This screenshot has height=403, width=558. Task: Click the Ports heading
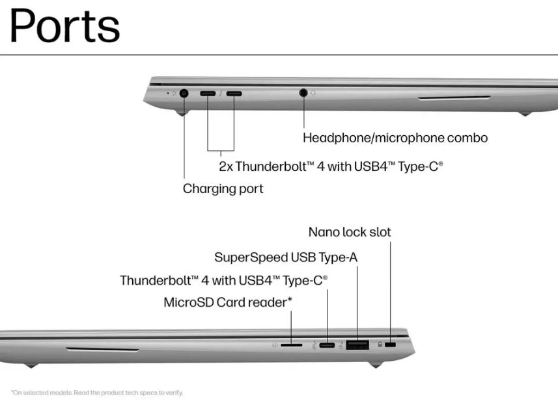64,25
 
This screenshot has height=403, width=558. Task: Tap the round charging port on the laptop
184,94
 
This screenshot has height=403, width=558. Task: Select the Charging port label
223,188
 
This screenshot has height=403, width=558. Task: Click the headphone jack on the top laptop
303,93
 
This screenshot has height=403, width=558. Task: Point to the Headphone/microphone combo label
395,138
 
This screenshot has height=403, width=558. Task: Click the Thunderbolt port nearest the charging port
208,94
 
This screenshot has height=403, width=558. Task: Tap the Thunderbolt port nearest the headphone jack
234,94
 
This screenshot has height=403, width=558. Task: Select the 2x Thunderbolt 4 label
331,166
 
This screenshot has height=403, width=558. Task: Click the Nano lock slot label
350,232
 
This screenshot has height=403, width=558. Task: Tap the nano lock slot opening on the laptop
391,344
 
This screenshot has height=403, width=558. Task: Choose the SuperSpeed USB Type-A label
286,257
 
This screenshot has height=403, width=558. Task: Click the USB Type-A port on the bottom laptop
357,344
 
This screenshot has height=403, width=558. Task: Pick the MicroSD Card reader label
228,302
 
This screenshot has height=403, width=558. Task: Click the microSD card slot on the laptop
292,345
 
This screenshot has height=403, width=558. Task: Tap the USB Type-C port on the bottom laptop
327,344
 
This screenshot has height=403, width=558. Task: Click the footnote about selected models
97,393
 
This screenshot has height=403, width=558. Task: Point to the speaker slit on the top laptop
454,97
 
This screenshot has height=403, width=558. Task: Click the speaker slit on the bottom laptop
102,350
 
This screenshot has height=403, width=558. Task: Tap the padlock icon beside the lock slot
380,344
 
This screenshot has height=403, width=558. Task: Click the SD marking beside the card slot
275,345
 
